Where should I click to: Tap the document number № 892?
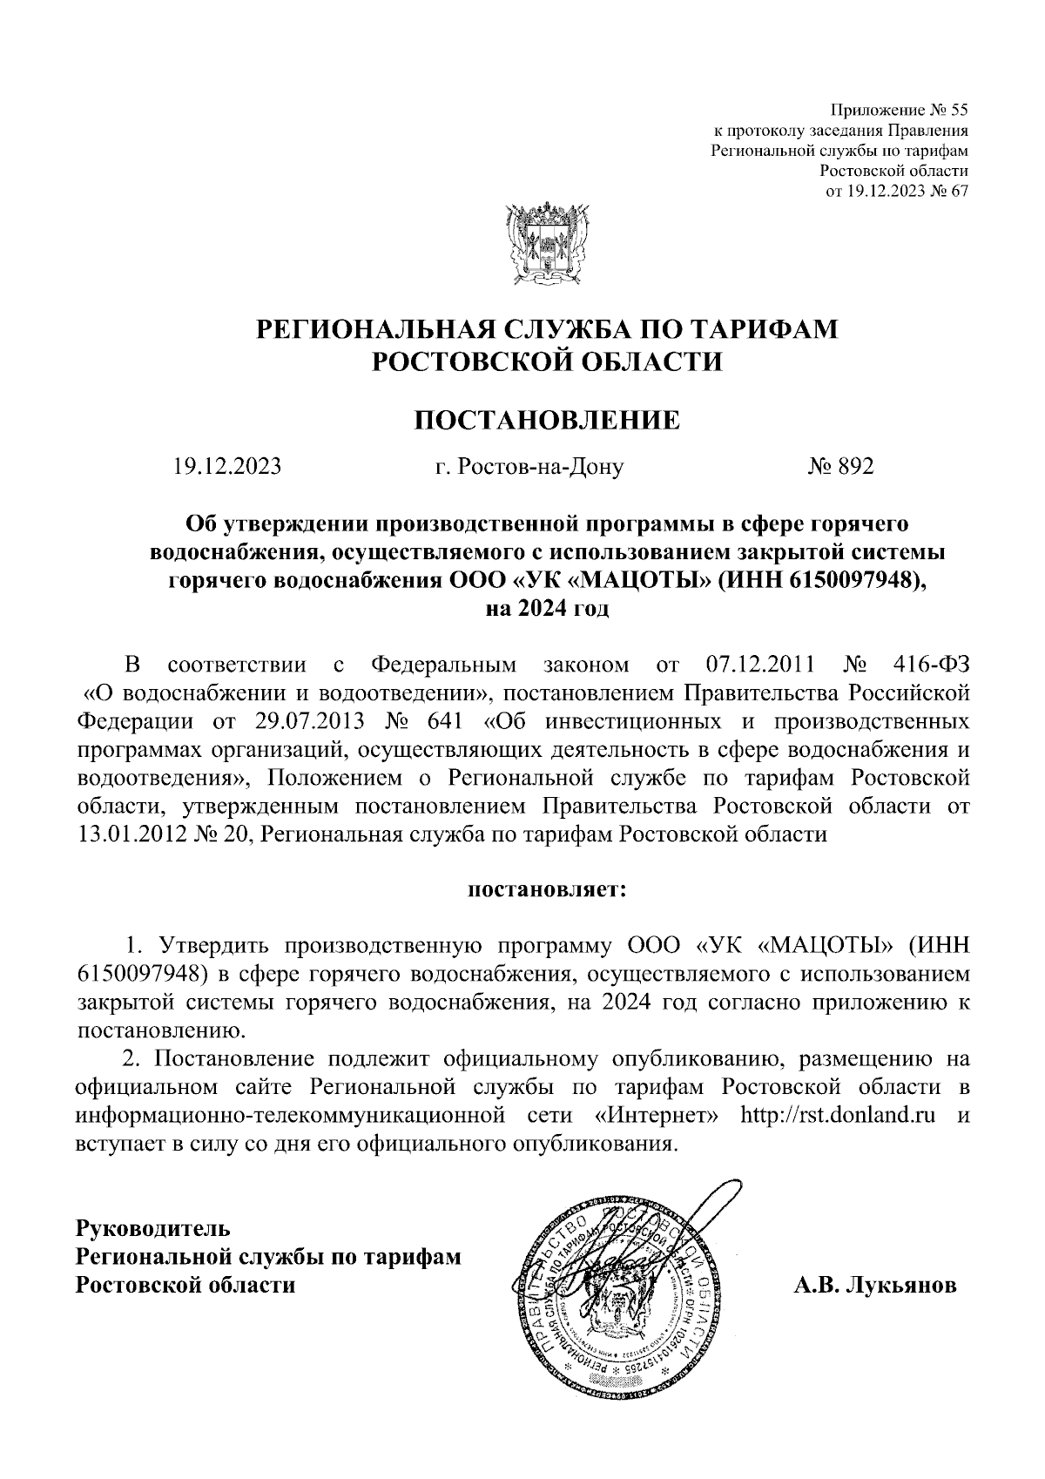[x=839, y=467]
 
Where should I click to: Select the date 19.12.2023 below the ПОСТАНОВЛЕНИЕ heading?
[x=227, y=467]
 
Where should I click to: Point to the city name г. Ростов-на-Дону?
[x=529, y=468]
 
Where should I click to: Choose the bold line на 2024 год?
[x=547, y=608]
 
